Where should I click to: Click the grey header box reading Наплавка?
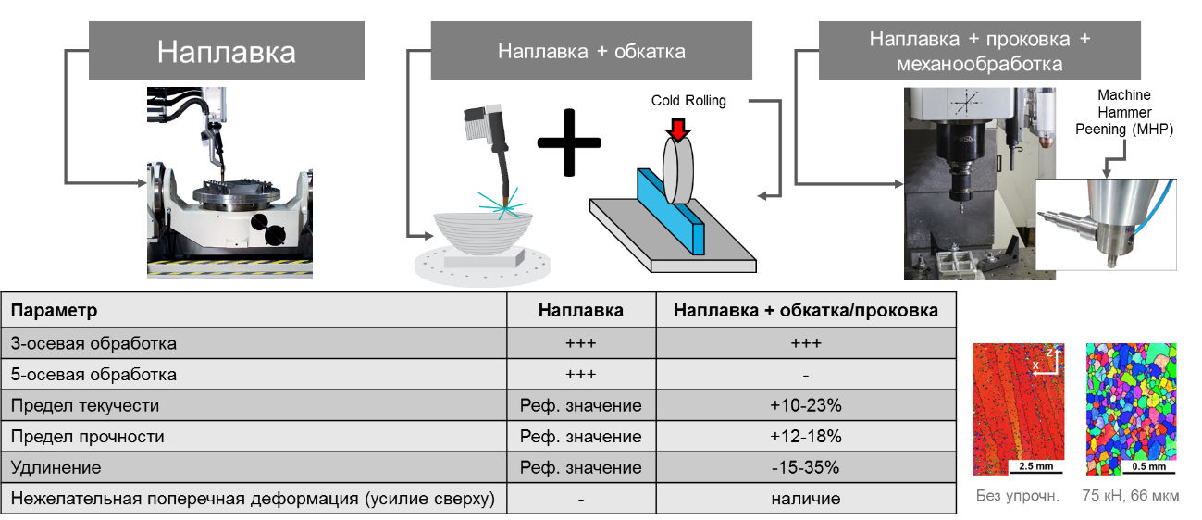227,51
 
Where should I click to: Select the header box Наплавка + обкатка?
591,51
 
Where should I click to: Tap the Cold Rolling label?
688,100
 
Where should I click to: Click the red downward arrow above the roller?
678,130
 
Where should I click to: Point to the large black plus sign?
569,142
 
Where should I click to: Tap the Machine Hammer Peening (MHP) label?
1124,112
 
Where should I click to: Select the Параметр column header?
55,310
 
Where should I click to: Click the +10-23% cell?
805,405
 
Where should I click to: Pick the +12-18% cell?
805,437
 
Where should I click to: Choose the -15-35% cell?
805,467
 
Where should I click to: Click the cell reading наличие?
805,499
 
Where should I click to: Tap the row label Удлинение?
56,467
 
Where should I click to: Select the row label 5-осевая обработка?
93,374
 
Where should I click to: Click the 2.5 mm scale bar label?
1035,466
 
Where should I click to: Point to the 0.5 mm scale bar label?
1149,466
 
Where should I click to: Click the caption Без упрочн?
1018,495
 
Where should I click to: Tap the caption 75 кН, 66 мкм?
1131,495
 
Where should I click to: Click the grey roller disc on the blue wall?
678,170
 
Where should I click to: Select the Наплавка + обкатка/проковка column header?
805,310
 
